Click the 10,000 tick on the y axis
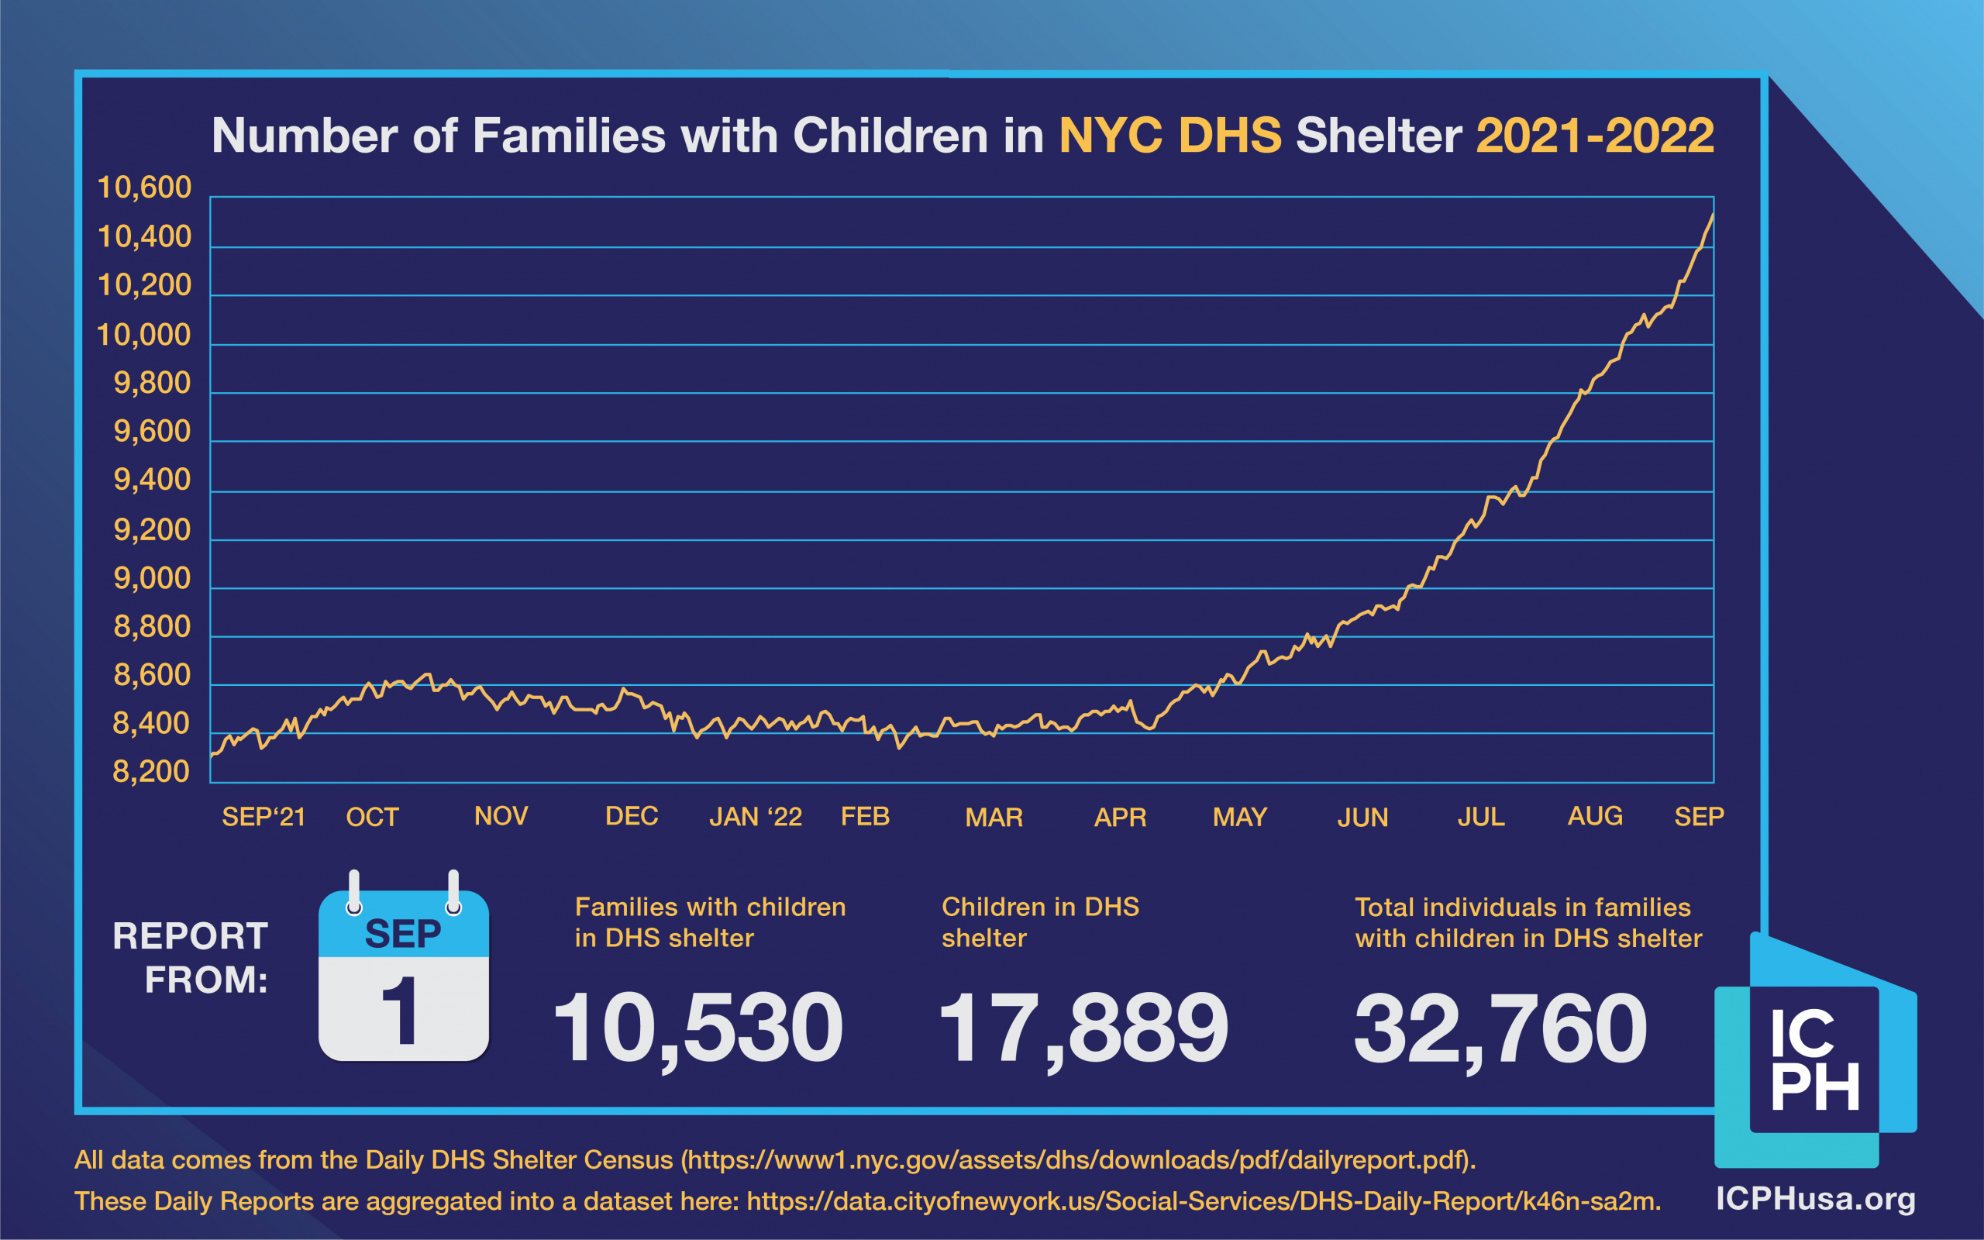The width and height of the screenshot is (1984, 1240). pos(143,335)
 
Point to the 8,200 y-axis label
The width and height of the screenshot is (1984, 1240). pos(151,772)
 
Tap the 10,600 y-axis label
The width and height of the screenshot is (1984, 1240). pos(143,188)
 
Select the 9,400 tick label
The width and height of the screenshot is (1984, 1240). pos(152,480)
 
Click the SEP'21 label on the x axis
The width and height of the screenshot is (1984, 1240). pos(263,817)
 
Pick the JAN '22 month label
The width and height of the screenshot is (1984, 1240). pos(755,817)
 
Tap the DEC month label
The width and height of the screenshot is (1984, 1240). pos(632,816)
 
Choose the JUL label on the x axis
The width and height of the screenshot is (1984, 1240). pos(1480,817)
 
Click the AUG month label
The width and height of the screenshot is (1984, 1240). pos(1595,816)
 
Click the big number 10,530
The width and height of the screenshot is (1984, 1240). pos(697,1028)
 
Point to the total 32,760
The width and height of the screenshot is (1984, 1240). pos(1500,1028)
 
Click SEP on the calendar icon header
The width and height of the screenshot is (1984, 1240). pos(402,933)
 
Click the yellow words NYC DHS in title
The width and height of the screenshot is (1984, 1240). pos(1170,136)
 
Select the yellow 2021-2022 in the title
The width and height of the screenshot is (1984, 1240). pos(1595,136)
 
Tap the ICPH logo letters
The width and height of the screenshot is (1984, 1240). pos(1813,1059)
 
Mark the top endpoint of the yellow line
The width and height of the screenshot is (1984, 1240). pos(1712,215)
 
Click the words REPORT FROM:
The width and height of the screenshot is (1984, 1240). pos(190,957)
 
